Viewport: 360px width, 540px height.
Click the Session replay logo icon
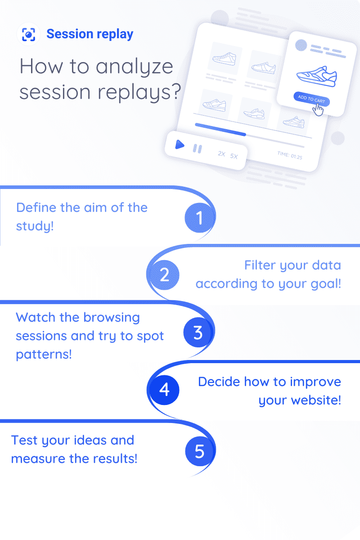(x=29, y=34)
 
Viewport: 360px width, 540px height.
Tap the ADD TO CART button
(x=311, y=99)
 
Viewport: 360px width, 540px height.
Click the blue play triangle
(x=180, y=145)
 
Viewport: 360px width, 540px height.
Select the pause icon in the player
(x=197, y=148)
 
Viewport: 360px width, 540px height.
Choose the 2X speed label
(x=221, y=153)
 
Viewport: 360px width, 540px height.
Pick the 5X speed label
(x=234, y=156)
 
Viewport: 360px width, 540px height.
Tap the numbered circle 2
(x=164, y=274)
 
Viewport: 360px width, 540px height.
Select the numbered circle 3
(x=198, y=333)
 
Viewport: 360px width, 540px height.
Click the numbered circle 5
(x=200, y=450)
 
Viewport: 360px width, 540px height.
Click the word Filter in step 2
(x=260, y=265)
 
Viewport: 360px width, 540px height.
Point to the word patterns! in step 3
(x=44, y=354)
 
